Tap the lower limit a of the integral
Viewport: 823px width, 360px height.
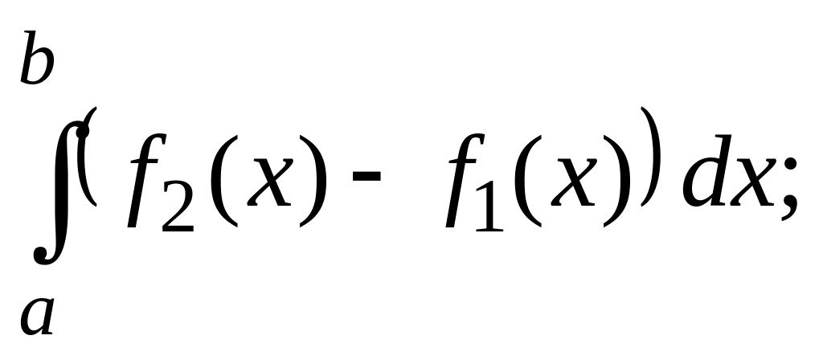[x=37, y=315]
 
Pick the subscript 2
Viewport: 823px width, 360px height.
[x=178, y=212]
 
